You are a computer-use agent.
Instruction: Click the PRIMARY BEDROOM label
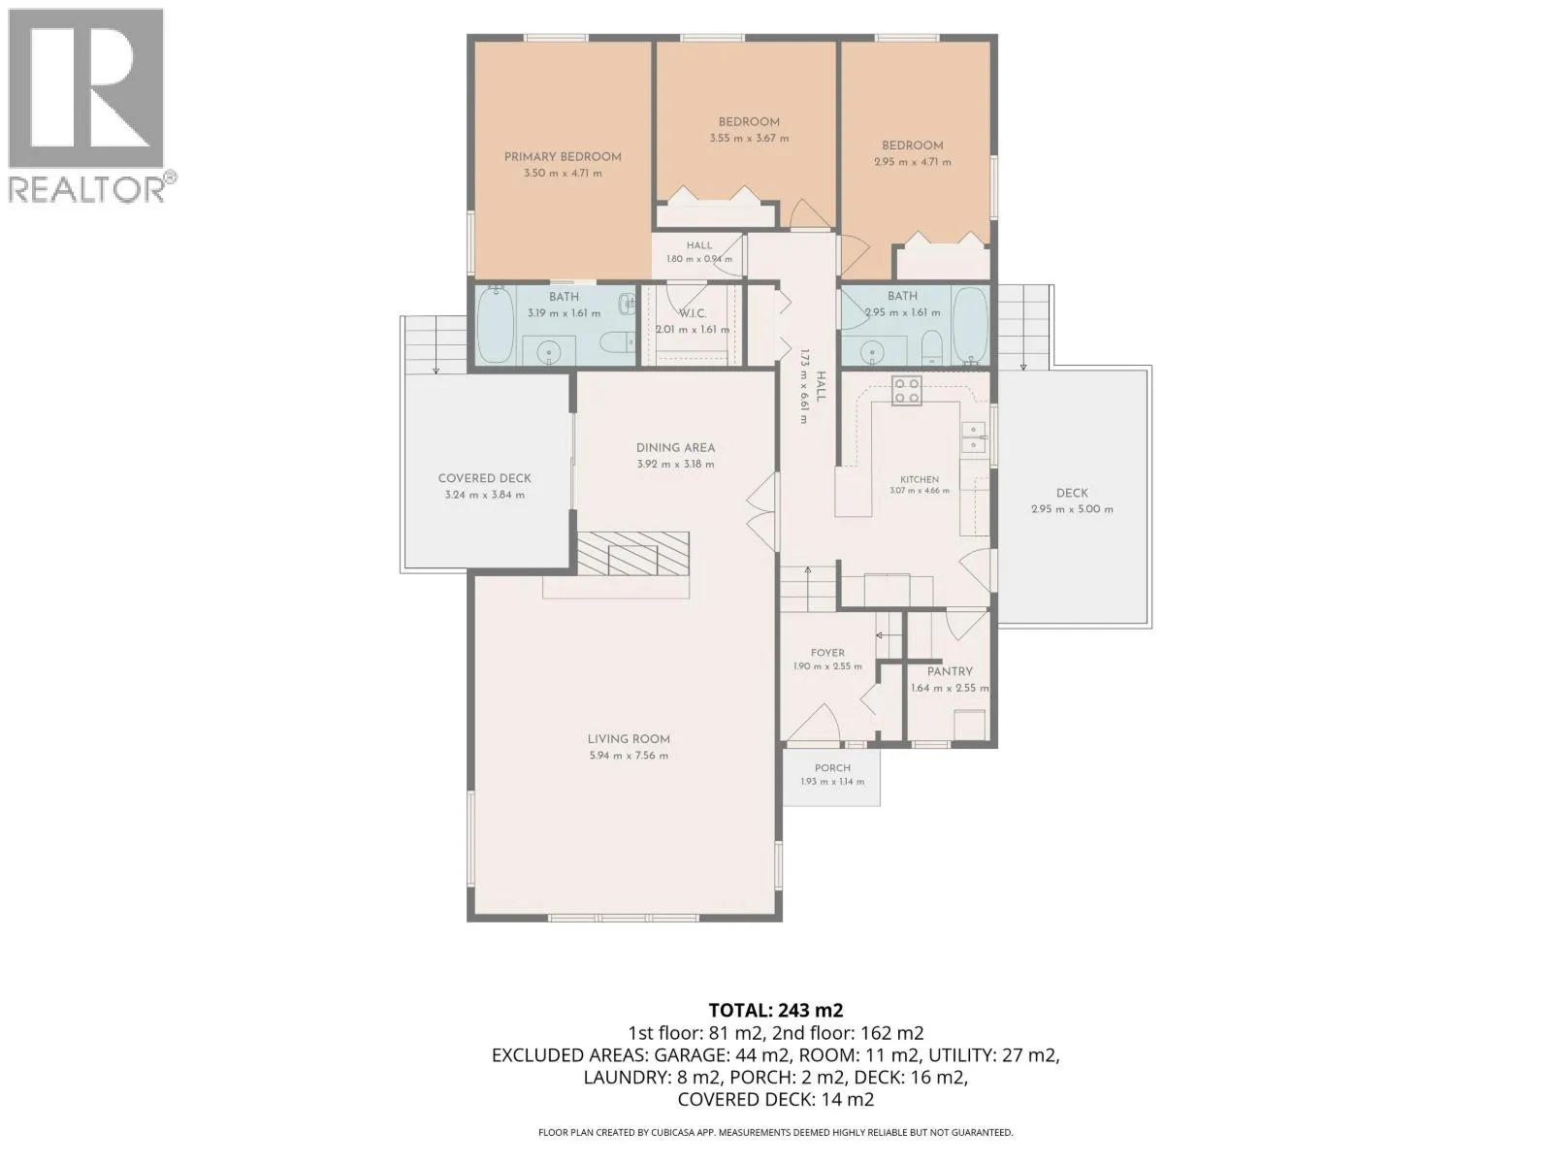pyautogui.click(x=562, y=157)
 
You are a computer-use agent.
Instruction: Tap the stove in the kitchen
pyautogui.click(x=906, y=391)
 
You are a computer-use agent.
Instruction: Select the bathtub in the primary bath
pyautogui.click(x=495, y=325)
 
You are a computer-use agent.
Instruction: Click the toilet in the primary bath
pyautogui.click(x=618, y=342)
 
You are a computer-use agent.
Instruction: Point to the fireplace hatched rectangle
pyautogui.click(x=632, y=553)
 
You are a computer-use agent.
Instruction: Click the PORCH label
pyautogui.click(x=832, y=767)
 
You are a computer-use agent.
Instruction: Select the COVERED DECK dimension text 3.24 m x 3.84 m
pyautogui.click(x=484, y=495)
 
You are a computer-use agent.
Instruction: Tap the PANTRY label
pyautogui.click(x=950, y=671)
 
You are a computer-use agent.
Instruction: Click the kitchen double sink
pyautogui.click(x=974, y=437)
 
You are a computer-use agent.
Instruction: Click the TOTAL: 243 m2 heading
pyautogui.click(x=776, y=1010)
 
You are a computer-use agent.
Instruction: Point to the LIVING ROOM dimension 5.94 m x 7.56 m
pyautogui.click(x=628, y=756)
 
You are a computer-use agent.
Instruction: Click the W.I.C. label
pyautogui.click(x=693, y=313)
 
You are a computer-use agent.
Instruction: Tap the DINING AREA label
pyautogui.click(x=675, y=447)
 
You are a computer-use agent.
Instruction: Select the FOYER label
pyautogui.click(x=827, y=653)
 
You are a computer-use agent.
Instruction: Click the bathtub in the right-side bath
pyautogui.click(x=970, y=325)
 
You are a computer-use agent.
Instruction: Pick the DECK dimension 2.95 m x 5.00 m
pyautogui.click(x=1072, y=509)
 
